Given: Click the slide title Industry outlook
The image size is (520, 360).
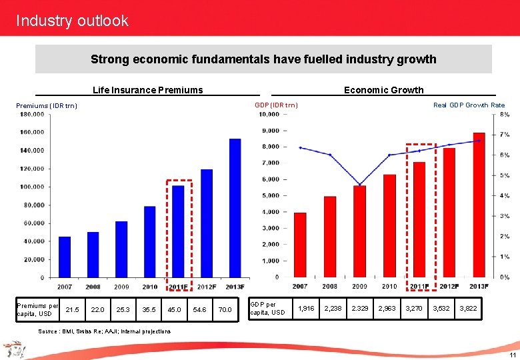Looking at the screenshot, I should click(x=72, y=21).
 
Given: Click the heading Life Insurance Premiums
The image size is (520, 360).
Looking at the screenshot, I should click(x=147, y=90).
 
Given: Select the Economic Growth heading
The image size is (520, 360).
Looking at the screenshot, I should click(x=383, y=90).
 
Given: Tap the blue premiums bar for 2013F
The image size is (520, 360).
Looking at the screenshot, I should click(x=235, y=208).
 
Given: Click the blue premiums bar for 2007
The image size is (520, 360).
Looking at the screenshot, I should click(x=65, y=257).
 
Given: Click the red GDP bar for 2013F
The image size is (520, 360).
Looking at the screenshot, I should click(x=479, y=205).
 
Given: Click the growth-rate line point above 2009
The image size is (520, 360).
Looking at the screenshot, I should click(x=360, y=184).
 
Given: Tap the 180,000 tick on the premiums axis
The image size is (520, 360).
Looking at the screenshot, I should click(x=32, y=114).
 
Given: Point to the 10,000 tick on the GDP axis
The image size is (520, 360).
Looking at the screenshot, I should click(x=269, y=114).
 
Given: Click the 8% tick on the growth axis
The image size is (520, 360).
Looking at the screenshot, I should click(x=505, y=115).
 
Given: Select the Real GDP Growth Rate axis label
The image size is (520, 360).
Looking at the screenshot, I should click(x=469, y=105).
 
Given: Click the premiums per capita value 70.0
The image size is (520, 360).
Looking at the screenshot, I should click(x=225, y=309).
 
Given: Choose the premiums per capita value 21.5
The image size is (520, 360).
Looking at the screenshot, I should click(x=73, y=309).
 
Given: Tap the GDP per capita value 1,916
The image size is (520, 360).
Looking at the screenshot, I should click(x=306, y=309).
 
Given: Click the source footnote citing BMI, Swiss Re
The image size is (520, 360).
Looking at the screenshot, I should click(x=105, y=331).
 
